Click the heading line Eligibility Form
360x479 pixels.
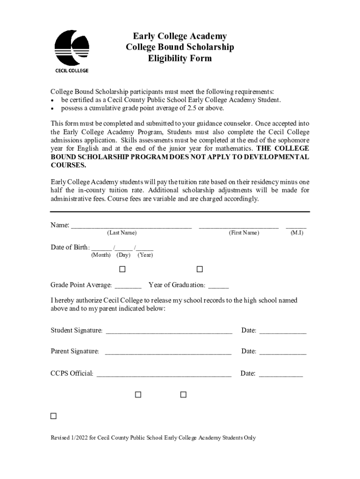(x=180, y=58)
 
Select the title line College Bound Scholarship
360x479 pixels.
(x=180, y=47)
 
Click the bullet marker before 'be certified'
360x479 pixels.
(x=53, y=101)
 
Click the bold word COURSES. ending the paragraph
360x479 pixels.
(x=68, y=165)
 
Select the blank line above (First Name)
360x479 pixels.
(x=238, y=227)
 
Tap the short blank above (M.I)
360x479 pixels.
(x=296, y=227)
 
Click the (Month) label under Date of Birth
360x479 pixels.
(x=101, y=255)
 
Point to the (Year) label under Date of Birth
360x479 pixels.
(x=145, y=255)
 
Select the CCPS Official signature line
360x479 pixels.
(x=164, y=375)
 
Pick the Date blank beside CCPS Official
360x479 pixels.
(x=281, y=375)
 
